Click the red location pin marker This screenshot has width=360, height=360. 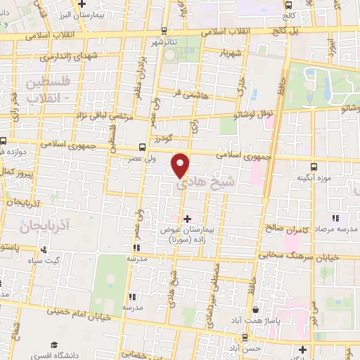click(181, 165)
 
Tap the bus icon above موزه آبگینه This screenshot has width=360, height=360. click(314, 167)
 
